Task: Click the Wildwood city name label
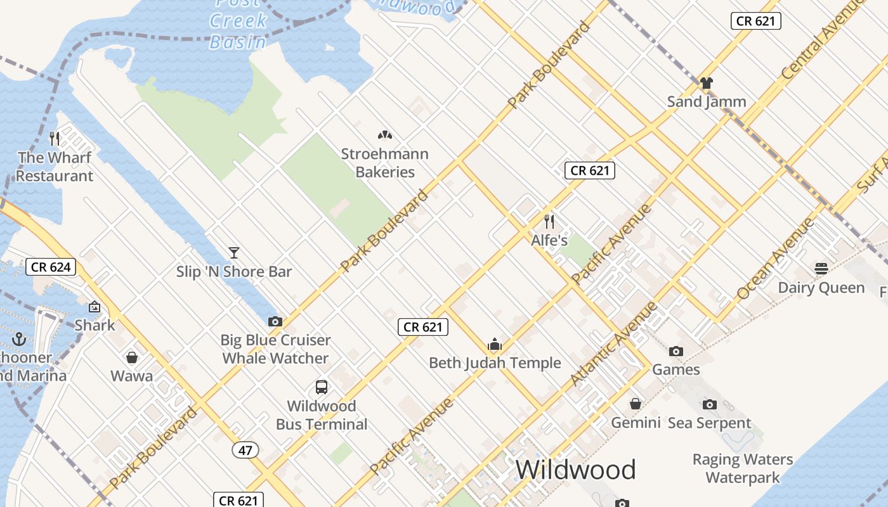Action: point(575,470)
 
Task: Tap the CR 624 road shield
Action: point(51,267)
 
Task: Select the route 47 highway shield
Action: point(245,451)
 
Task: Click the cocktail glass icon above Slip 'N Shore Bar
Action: point(234,253)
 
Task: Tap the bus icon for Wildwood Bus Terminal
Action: point(322,387)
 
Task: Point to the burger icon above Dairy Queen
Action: point(821,269)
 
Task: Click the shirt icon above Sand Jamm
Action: point(707,82)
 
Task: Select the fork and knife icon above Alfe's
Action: point(549,222)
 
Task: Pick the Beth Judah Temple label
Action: point(495,363)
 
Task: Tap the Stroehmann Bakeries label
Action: point(385,163)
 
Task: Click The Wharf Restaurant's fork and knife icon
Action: point(55,138)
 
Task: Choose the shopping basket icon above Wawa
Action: point(132,357)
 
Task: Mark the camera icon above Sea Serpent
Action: point(710,404)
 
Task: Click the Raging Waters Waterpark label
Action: point(743,468)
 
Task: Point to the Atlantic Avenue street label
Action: point(613,343)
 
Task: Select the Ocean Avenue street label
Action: point(775,259)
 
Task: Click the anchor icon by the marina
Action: point(18,338)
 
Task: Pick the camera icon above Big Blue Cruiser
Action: point(275,321)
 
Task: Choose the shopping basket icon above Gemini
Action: point(636,404)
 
